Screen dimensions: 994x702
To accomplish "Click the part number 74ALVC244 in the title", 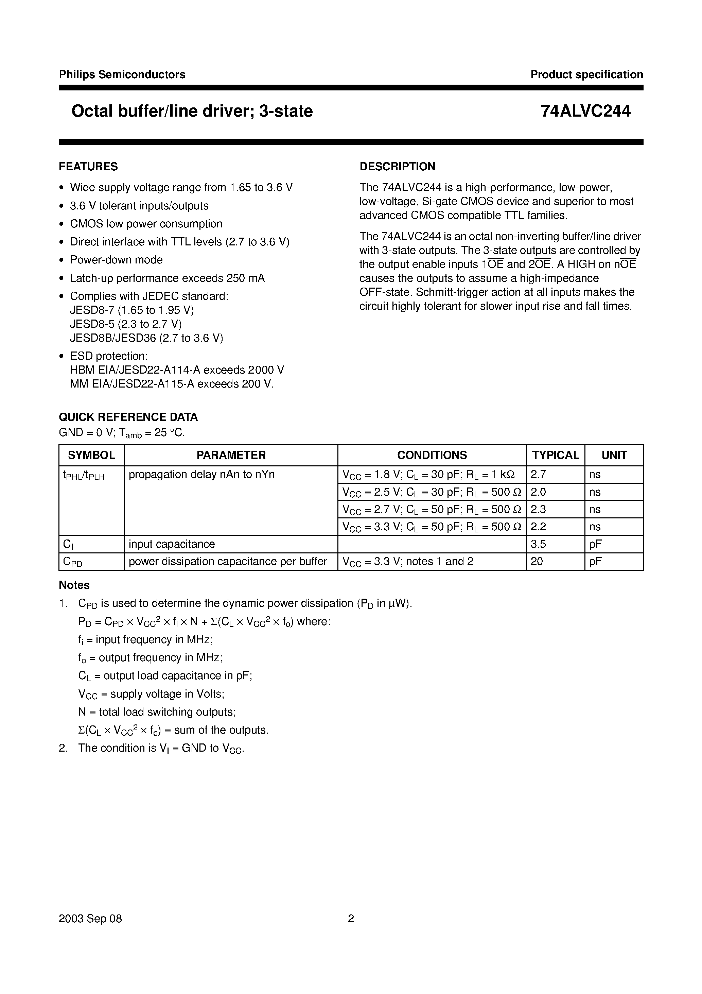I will (x=585, y=111).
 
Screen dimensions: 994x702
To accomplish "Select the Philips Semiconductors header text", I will (x=122, y=74).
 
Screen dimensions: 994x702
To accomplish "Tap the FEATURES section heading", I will (x=88, y=167).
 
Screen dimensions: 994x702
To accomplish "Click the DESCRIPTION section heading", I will (x=397, y=167).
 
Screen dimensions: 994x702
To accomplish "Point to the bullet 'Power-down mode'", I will (x=116, y=260).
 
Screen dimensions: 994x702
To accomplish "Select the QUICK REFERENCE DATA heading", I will (x=128, y=417).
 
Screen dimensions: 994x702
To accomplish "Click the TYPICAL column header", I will (x=555, y=455).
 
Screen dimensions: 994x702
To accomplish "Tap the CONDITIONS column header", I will (x=432, y=455).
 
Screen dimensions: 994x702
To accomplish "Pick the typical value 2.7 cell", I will (x=539, y=475).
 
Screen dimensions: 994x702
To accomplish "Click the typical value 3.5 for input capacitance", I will (x=539, y=544).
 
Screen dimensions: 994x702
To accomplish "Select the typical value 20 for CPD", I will (x=537, y=562).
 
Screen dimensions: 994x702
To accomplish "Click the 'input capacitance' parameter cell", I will (x=172, y=544).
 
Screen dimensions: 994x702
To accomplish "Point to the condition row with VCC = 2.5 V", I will (x=432, y=492).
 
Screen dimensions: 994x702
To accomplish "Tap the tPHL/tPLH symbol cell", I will (x=84, y=475).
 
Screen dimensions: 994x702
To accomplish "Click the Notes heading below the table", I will (x=74, y=585).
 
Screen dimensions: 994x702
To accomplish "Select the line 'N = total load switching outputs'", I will (x=157, y=712).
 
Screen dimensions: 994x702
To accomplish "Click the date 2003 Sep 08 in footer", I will (x=90, y=919).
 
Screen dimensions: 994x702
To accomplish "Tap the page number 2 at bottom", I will (x=351, y=919).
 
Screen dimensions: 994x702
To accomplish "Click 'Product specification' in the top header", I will (x=586, y=74).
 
